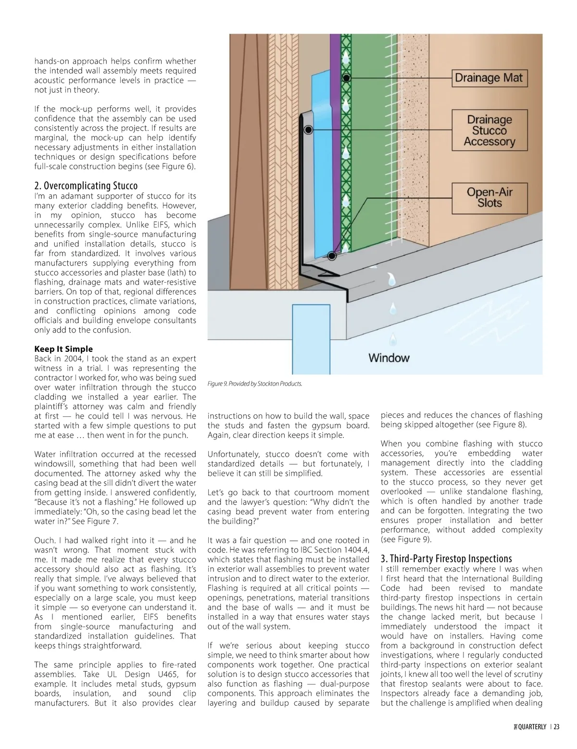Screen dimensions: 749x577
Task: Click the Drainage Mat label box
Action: point(489,78)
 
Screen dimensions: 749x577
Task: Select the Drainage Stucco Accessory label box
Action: point(489,130)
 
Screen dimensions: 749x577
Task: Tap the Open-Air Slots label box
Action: point(489,198)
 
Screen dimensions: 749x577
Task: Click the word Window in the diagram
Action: point(389,358)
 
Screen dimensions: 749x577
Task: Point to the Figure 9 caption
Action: point(255,384)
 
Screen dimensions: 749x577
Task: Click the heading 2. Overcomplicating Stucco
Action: point(86,186)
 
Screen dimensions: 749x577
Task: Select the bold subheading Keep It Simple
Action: point(63,349)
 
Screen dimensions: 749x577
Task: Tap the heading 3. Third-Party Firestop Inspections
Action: point(446,559)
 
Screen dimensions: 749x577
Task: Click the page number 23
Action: point(556,727)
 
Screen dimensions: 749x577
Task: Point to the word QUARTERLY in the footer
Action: point(531,727)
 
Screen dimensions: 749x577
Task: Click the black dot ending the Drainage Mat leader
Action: point(346,77)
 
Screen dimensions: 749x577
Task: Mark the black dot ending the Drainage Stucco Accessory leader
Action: point(309,130)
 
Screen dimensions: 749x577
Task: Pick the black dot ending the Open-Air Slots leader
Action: point(332,256)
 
